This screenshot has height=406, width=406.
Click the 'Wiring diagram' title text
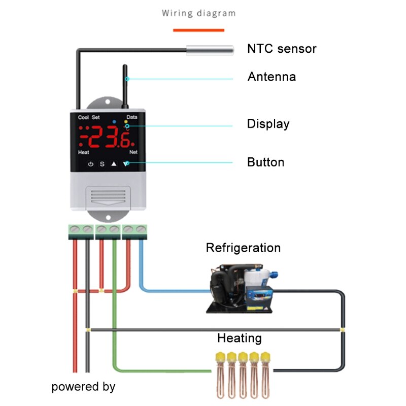(198, 13)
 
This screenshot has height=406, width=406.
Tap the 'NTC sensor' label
(282, 49)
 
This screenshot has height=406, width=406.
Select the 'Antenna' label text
(272, 77)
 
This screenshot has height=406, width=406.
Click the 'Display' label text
(268, 124)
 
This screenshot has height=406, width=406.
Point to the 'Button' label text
(265, 162)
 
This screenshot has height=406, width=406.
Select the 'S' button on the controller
(101, 164)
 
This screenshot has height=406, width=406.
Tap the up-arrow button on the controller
(114, 164)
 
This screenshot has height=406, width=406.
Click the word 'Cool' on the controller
(83, 117)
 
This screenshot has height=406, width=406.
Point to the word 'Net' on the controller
(133, 152)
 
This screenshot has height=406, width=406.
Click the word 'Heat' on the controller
(84, 152)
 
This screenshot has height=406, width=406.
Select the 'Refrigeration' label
(243, 248)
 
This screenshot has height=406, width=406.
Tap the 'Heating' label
(240, 338)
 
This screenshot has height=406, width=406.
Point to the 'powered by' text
(83, 387)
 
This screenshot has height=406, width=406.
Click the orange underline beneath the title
(198, 30)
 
